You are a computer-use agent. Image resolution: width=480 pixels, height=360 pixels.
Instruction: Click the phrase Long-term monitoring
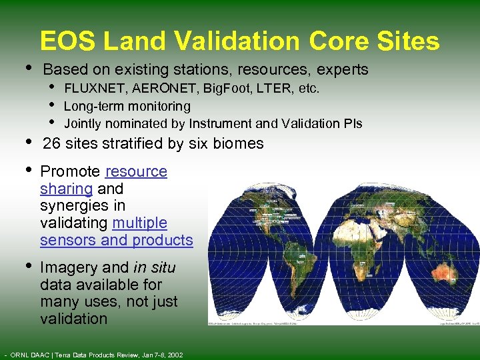[x=127, y=106]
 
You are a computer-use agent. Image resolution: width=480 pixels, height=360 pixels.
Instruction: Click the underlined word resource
[x=136, y=171]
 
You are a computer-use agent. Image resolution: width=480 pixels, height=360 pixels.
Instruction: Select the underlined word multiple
[x=140, y=223]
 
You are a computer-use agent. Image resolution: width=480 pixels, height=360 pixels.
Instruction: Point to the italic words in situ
[x=154, y=267]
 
